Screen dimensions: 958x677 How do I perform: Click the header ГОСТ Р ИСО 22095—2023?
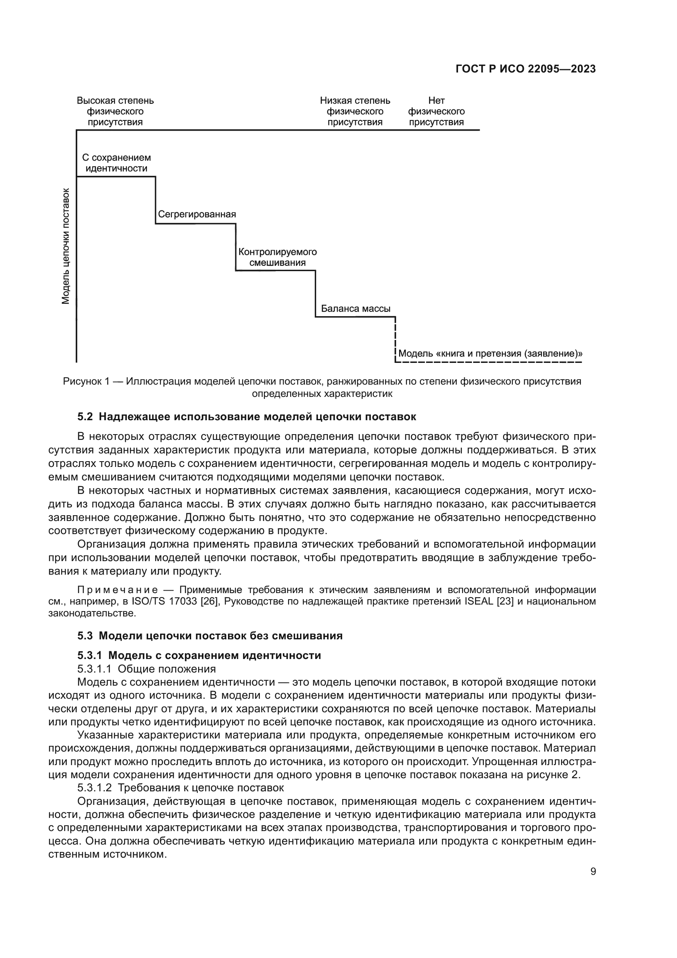point(525,69)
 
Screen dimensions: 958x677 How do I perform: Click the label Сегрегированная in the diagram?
point(197,214)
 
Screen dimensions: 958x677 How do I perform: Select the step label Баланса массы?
point(356,309)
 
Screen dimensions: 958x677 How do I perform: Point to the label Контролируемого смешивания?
point(278,258)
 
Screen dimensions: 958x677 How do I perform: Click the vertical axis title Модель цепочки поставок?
point(66,246)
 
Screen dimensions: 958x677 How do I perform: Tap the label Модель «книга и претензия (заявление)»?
point(490,354)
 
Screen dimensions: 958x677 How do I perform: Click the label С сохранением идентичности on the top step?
point(116,163)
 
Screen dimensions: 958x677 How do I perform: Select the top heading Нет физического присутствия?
point(436,111)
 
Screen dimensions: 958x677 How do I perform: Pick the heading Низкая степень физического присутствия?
point(355,111)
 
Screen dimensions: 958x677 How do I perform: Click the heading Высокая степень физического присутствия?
point(115,111)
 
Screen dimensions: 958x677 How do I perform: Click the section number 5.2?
point(85,417)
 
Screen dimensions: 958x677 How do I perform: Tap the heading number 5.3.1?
point(90,655)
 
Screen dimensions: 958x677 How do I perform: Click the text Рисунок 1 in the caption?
point(86,381)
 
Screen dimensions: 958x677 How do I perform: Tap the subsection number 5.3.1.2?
point(95,788)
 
